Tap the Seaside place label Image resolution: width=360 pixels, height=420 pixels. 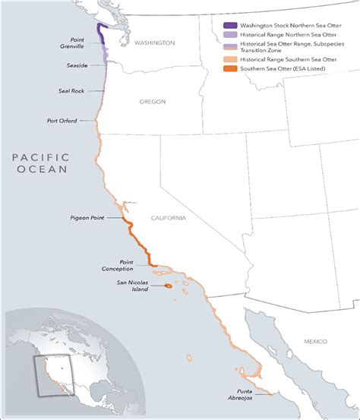[x=78, y=66]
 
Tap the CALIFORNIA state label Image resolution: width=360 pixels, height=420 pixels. [x=168, y=218]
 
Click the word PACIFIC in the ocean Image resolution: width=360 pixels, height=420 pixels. [x=41, y=157]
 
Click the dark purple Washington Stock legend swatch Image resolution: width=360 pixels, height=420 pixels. [x=229, y=25]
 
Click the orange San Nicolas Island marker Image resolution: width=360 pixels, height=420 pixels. [x=167, y=286]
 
